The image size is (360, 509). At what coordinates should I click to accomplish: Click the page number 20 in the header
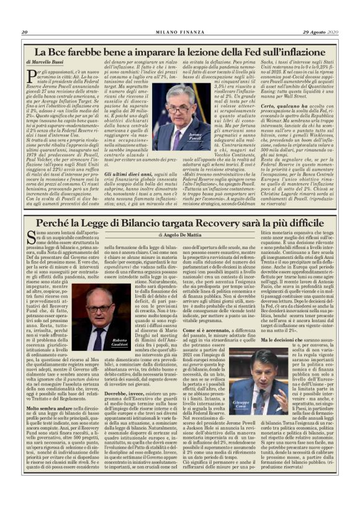coord(25,32)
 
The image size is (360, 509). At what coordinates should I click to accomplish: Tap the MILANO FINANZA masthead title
coord(180,32)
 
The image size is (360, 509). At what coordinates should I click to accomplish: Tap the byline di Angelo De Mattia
coord(180,235)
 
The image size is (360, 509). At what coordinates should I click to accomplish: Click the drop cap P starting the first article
coord(30,76)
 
